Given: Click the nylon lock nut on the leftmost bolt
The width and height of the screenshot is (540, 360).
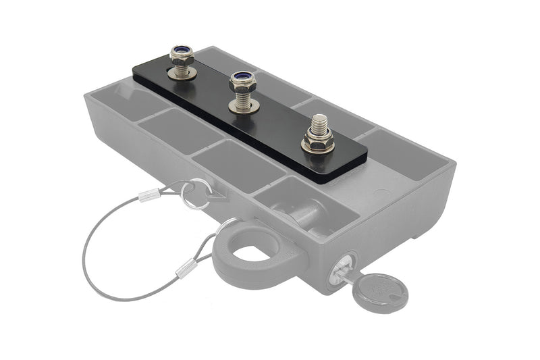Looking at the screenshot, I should click(182, 53).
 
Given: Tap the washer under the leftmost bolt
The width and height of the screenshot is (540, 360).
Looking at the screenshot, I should click(182, 73).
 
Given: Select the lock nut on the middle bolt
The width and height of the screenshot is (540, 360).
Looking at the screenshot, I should click(241, 82).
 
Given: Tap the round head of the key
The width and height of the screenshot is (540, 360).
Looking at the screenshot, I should click(383, 290).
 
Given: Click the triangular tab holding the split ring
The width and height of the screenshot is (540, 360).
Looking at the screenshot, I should click(215, 196).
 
